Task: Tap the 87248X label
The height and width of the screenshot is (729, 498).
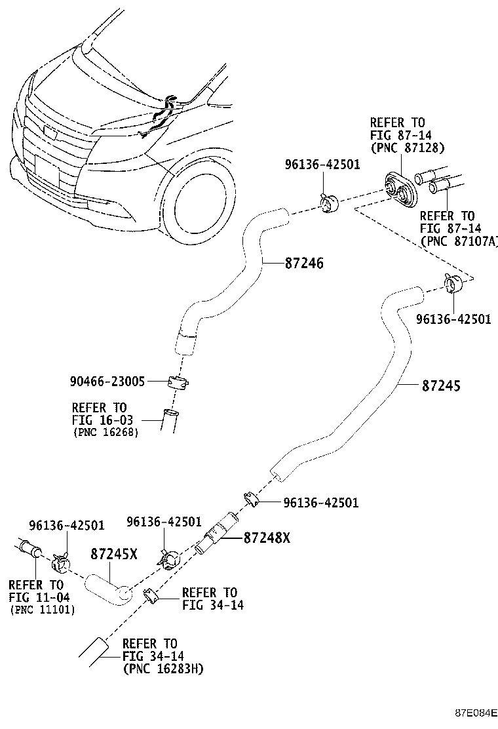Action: tap(266, 538)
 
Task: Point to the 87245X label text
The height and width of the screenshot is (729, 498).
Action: tap(113, 554)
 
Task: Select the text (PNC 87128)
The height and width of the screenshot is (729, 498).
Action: tap(408, 149)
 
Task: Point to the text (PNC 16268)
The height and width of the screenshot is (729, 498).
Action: tap(105, 433)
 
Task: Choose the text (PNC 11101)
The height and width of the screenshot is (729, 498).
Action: tap(42, 610)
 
